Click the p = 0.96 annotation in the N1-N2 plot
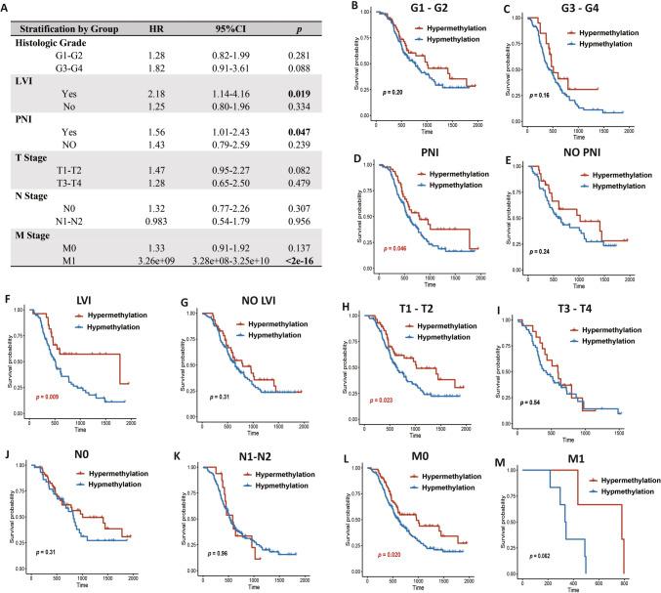211,555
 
